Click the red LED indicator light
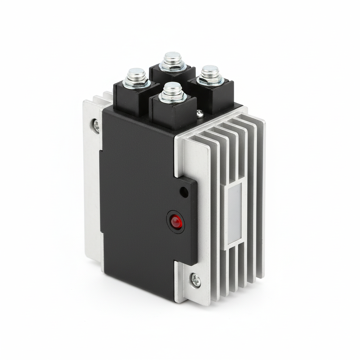(x=176, y=222)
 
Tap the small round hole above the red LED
(x=183, y=192)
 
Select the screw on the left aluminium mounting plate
(x=96, y=124)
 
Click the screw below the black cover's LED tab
(x=195, y=280)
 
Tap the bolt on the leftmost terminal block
(x=136, y=77)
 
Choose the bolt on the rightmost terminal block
(x=210, y=75)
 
